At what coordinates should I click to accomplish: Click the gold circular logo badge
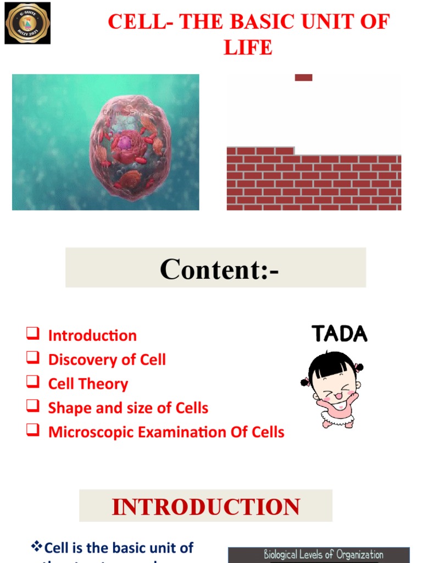point(27,23)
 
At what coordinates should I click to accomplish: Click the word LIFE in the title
point(248,47)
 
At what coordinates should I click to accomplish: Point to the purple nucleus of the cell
point(125,143)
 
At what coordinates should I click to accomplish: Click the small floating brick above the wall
point(303,78)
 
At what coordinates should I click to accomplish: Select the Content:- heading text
point(219,269)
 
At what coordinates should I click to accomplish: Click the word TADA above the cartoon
point(339,334)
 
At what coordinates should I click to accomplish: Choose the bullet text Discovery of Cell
point(107,360)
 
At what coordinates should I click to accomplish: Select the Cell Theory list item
point(88,384)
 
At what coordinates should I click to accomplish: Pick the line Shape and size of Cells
point(128,408)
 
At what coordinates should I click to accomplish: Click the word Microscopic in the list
point(91,432)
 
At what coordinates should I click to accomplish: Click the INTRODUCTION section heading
point(206,506)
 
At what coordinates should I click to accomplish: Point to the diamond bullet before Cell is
point(37,546)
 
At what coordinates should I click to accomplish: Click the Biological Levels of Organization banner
point(319,554)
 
